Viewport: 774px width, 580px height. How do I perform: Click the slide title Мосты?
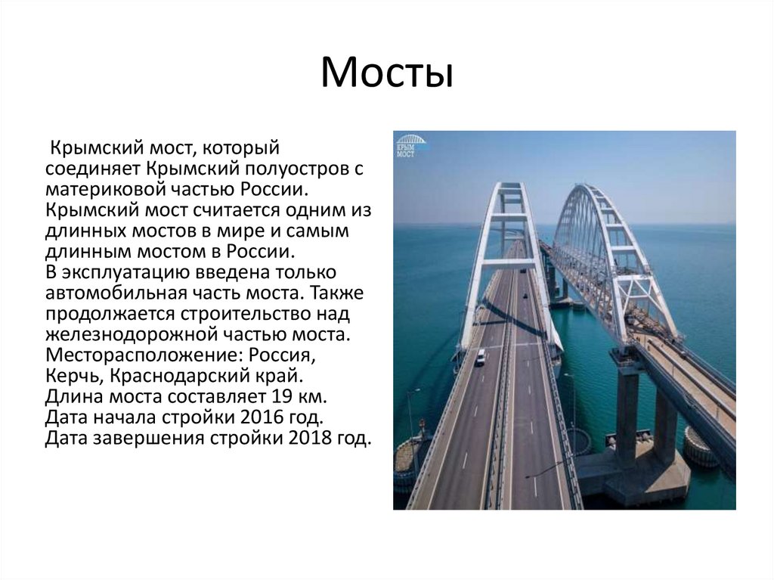(386, 73)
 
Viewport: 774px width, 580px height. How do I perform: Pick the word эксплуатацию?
(127, 271)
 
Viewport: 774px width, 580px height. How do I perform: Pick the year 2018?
(309, 437)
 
